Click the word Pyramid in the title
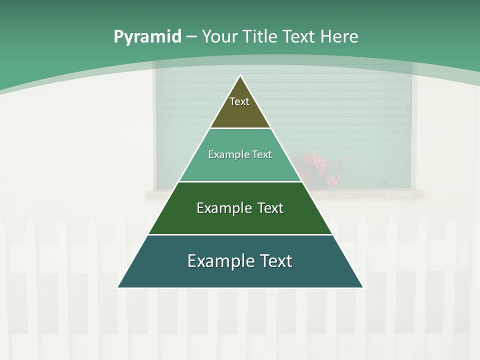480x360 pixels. click(x=147, y=36)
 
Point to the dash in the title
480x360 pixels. click(x=191, y=37)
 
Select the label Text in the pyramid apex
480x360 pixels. click(x=239, y=101)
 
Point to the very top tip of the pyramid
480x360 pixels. click(x=240, y=76)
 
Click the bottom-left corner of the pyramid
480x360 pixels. click(x=118, y=287)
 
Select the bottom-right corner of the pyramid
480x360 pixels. click(x=362, y=287)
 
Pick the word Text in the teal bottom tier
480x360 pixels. click(x=274, y=261)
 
